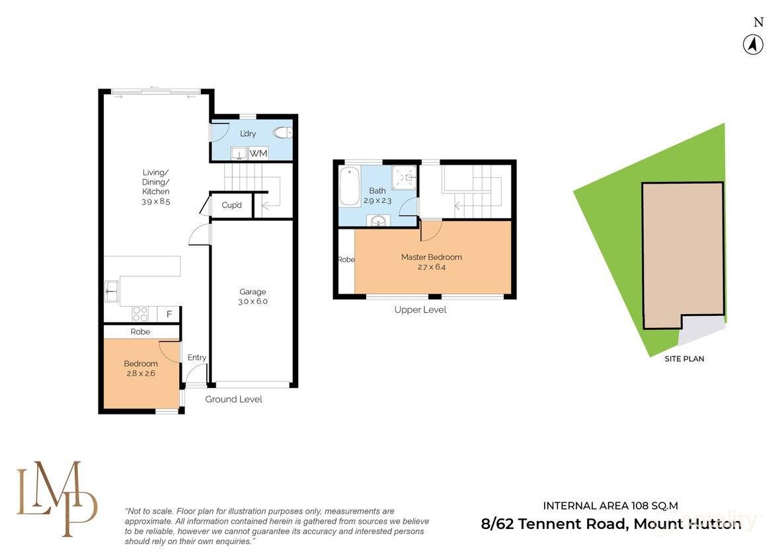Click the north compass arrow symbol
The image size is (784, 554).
pos(753,44)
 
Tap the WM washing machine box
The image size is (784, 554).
pos(258,153)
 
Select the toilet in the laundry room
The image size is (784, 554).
pos(283,133)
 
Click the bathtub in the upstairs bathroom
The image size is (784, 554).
pos(349,187)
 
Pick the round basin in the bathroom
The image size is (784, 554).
pos(377,220)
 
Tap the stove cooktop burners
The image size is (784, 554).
pos(140,314)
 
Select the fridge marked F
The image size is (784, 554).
pos(169,314)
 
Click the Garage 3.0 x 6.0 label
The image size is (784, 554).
pos(253,296)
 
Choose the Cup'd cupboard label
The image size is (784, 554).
pos(231,205)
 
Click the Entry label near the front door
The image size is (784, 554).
pos(197,357)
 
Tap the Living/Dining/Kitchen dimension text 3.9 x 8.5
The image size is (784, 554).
pos(156,202)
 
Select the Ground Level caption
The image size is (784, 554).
pos(233,399)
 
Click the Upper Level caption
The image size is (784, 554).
pos(420,309)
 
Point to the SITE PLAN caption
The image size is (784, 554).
pos(684,359)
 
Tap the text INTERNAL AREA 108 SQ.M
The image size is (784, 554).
pos(610,506)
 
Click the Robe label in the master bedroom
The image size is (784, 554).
pos(346,260)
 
